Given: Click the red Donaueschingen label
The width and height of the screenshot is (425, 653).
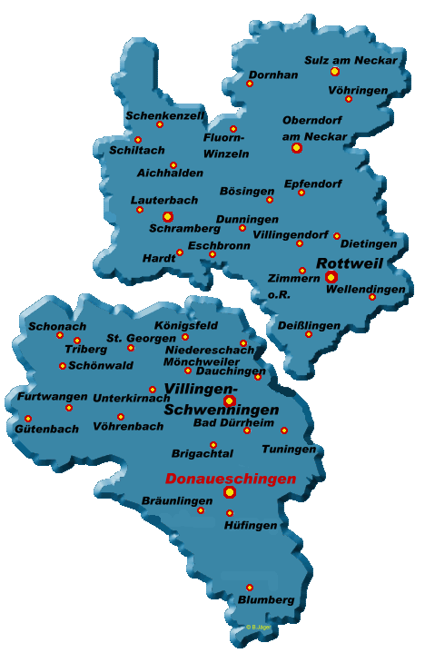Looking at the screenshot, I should (231, 479).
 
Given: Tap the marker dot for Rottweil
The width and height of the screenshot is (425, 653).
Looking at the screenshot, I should (331, 277).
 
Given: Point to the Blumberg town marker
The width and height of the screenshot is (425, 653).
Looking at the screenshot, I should (250, 588).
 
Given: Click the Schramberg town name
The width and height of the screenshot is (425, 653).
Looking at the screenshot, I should (184, 229).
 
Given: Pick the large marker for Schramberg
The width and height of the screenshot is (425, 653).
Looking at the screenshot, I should (167, 217).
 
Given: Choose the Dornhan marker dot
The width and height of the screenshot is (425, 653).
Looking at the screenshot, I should (250, 84).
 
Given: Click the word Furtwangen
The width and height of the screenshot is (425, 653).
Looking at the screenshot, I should (52, 397).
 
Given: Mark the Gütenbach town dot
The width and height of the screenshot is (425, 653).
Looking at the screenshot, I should (27, 419).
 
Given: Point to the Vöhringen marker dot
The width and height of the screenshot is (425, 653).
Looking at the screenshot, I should (348, 99).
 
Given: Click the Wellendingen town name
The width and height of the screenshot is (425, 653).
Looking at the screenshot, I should (366, 289).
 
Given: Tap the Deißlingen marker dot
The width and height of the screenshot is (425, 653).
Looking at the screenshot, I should (308, 334).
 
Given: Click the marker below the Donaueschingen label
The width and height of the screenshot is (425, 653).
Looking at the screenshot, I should (230, 492).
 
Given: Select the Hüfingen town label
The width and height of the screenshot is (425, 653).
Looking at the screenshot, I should (250, 526).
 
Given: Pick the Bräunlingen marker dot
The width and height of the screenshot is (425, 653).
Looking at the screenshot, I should (201, 510).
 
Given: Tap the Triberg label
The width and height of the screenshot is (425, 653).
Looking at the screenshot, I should (85, 349).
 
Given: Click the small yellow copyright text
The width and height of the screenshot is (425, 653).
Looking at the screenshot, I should (258, 627).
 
